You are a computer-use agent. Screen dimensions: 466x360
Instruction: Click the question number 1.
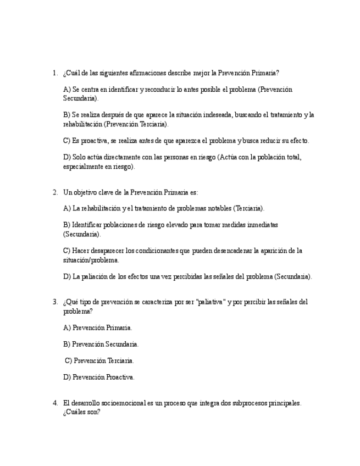tap(54, 73)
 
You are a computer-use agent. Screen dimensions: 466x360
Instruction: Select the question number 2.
tap(54, 192)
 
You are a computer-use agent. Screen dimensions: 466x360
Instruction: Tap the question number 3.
tap(54, 302)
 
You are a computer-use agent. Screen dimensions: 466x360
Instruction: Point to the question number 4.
tap(54, 403)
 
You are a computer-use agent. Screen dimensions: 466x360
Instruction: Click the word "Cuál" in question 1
tap(72, 73)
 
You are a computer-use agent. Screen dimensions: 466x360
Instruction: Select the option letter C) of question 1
tap(67, 141)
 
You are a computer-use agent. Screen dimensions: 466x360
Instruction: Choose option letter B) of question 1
tap(67, 115)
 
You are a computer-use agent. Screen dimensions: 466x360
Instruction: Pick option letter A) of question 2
tap(67, 208)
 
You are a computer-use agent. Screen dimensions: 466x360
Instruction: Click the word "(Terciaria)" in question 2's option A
tap(248, 208)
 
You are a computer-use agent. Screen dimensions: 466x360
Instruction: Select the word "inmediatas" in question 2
tap(259, 225)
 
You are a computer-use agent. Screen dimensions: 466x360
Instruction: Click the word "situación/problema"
tap(91, 260)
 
